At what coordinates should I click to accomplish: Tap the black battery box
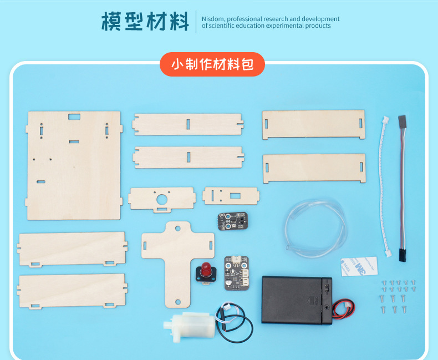click(x=297, y=300)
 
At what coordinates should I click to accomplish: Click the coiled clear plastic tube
click(x=315, y=228)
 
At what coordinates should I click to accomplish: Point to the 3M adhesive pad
click(x=359, y=266)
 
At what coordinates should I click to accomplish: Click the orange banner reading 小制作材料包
click(x=212, y=64)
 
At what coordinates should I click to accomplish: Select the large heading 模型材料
click(x=145, y=22)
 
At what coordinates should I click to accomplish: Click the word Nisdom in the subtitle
click(x=213, y=19)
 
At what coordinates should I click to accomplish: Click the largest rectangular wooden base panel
click(x=74, y=165)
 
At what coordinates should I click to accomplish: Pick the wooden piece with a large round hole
click(x=162, y=200)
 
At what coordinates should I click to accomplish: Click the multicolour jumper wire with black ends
click(x=403, y=188)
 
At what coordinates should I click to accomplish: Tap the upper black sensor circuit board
click(x=233, y=221)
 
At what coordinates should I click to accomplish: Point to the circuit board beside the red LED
click(x=236, y=273)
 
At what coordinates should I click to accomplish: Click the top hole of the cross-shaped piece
click(x=177, y=229)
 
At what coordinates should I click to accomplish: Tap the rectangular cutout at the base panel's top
click(x=74, y=116)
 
